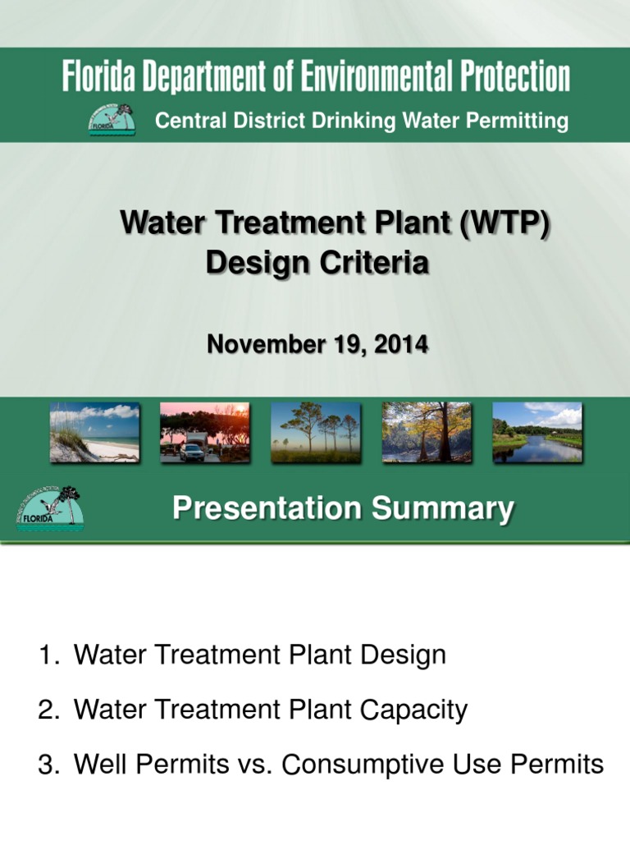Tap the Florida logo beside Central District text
(x=112, y=120)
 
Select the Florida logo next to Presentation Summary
(x=49, y=509)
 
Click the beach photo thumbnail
(x=94, y=432)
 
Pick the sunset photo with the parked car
(x=204, y=432)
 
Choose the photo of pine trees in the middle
(x=316, y=432)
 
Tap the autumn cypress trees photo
(x=427, y=432)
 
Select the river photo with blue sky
(x=537, y=432)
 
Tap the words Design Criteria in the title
(x=317, y=264)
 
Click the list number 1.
(x=48, y=655)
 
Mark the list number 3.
(x=48, y=765)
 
